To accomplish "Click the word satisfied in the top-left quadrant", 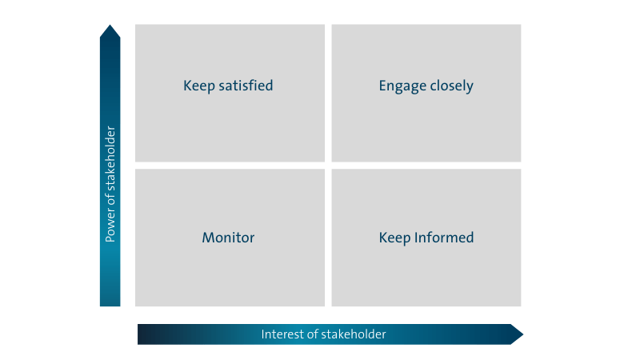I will click(246, 86).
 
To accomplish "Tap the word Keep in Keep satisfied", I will click(199, 86).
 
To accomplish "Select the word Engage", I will click(402, 86).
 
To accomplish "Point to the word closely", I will click(451, 86).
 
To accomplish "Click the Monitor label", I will click(228, 238).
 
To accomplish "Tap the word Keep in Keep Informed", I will click(394, 238).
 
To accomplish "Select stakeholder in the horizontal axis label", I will click(354, 334).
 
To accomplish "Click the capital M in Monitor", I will click(207, 238).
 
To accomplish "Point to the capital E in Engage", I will click(382, 86).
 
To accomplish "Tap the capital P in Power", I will click(110, 238).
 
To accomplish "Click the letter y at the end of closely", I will click(470, 87).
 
